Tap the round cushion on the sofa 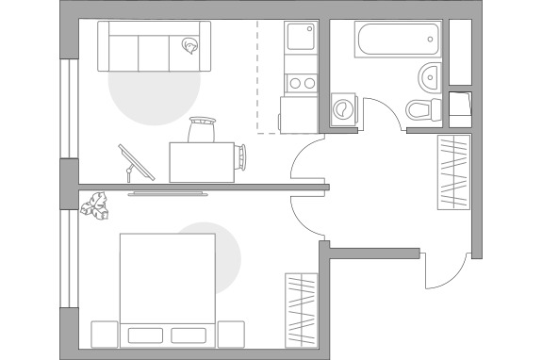pyautogui.click(x=193, y=44)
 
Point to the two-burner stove pyautogui.click(x=302, y=82)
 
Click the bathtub pyautogui.click(x=397, y=41)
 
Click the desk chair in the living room pyautogui.click(x=203, y=128)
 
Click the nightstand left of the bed pyautogui.click(x=104, y=334)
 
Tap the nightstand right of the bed pyautogui.click(x=231, y=334)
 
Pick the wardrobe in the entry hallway pyautogui.click(x=453, y=172)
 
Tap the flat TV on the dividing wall pyautogui.click(x=171, y=194)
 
